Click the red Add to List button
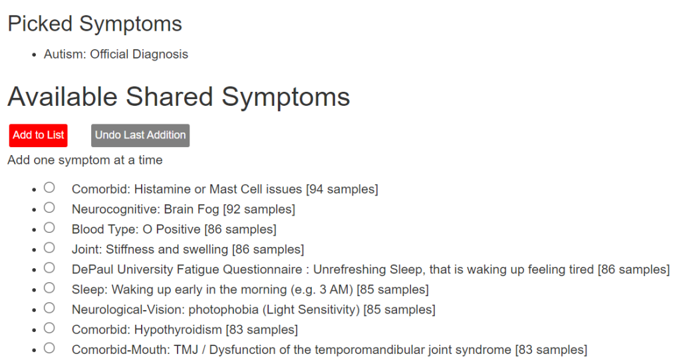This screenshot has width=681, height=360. click(38, 135)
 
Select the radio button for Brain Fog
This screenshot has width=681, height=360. click(49, 208)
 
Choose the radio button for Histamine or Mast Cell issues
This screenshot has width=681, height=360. click(49, 188)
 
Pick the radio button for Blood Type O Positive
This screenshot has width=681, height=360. click(49, 228)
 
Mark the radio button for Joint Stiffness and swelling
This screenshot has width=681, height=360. click(49, 248)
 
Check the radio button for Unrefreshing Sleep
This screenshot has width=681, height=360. click(49, 268)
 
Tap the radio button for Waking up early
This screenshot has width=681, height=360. click(49, 288)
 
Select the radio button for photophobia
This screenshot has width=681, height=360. click(49, 308)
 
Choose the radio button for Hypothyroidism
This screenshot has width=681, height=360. click(49, 328)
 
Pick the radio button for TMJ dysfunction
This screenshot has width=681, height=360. click(49, 348)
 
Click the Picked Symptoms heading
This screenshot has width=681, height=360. click(94, 23)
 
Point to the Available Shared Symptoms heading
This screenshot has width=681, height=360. click(178, 96)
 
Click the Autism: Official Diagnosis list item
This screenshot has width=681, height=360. click(116, 55)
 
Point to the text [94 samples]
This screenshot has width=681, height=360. click(342, 189)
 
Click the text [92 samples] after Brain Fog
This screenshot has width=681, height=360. click(259, 209)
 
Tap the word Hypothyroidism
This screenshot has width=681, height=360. click(178, 329)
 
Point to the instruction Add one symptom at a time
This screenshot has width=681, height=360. click(85, 160)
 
